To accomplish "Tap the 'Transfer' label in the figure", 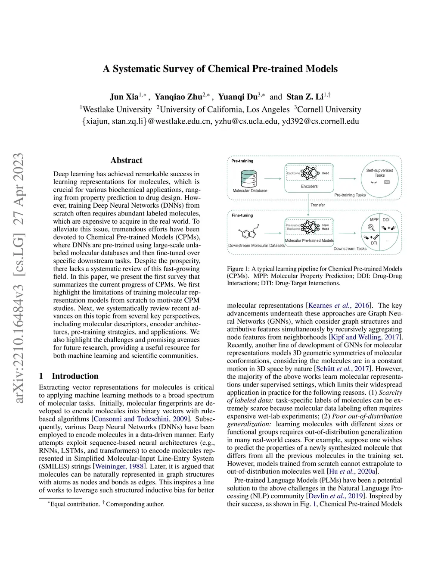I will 318,205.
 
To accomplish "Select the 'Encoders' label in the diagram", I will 309,187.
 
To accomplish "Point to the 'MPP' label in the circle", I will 374,220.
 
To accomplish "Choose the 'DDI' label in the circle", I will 386,220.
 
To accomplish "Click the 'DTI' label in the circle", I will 374,243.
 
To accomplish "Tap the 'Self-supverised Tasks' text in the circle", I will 379,173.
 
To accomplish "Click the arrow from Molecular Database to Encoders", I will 273,178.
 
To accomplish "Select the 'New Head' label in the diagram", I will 326,227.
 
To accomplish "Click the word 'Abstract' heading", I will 126,160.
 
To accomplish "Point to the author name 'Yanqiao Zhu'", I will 178,97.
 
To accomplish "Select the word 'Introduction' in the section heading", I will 75,376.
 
